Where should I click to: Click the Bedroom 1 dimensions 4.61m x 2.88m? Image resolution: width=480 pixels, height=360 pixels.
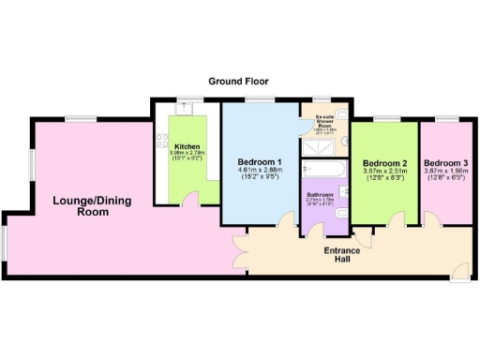[259, 172]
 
